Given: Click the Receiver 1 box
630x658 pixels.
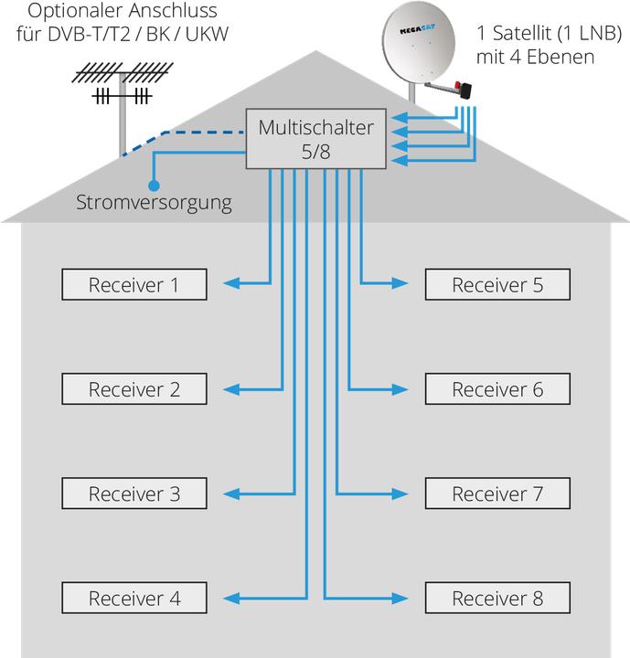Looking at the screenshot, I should coord(133,285).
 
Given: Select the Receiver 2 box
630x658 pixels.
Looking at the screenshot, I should coord(133,389).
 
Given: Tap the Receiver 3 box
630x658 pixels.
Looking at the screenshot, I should coord(133,494).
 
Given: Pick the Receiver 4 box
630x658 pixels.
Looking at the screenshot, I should coord(133,599).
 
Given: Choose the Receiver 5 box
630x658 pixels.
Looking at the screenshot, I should coord(497,285).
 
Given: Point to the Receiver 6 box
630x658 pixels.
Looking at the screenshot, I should coord(497,389).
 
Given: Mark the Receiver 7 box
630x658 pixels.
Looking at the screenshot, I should coord(497,494).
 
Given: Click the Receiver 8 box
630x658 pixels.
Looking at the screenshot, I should coord(497,599).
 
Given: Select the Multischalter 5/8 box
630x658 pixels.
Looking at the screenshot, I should coord(316,140).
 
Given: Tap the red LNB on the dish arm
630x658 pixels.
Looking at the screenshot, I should coord(464,90).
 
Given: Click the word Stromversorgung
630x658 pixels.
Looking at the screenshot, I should coord(154,202).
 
